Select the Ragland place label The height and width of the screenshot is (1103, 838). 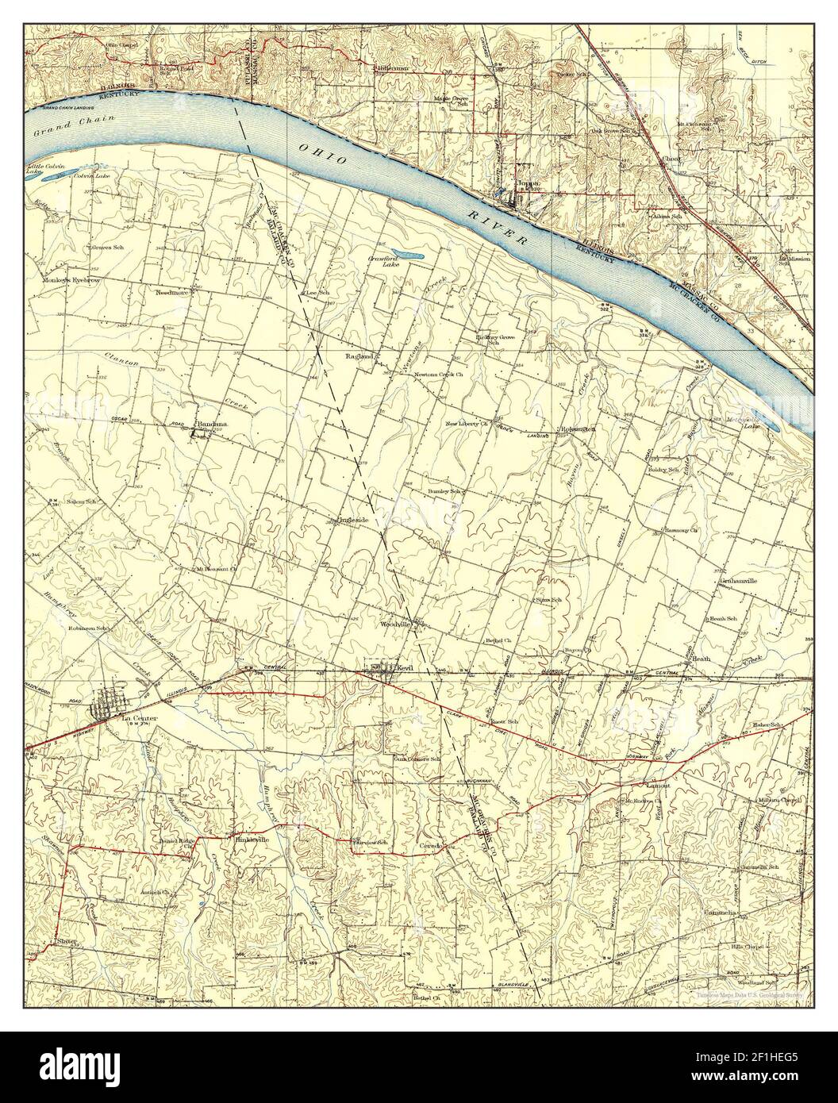359,357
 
